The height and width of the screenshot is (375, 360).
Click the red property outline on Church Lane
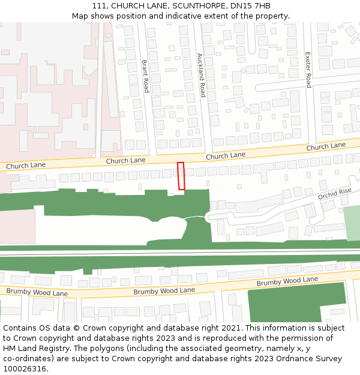[x=181, y=176]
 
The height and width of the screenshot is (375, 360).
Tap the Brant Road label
[x=145, y=76]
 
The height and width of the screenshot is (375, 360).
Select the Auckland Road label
[x=201, y=75]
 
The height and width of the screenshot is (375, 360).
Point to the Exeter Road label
[x=308, y=70]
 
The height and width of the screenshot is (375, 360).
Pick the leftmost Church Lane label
[x=26, y=165]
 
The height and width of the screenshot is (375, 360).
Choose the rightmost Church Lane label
[x=326, y=146]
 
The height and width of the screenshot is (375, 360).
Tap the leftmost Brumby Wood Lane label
[x=37, y=292]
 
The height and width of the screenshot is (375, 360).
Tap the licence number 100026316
[x=23, y=369]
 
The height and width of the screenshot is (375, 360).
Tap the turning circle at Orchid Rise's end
[x=212, y=217]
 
